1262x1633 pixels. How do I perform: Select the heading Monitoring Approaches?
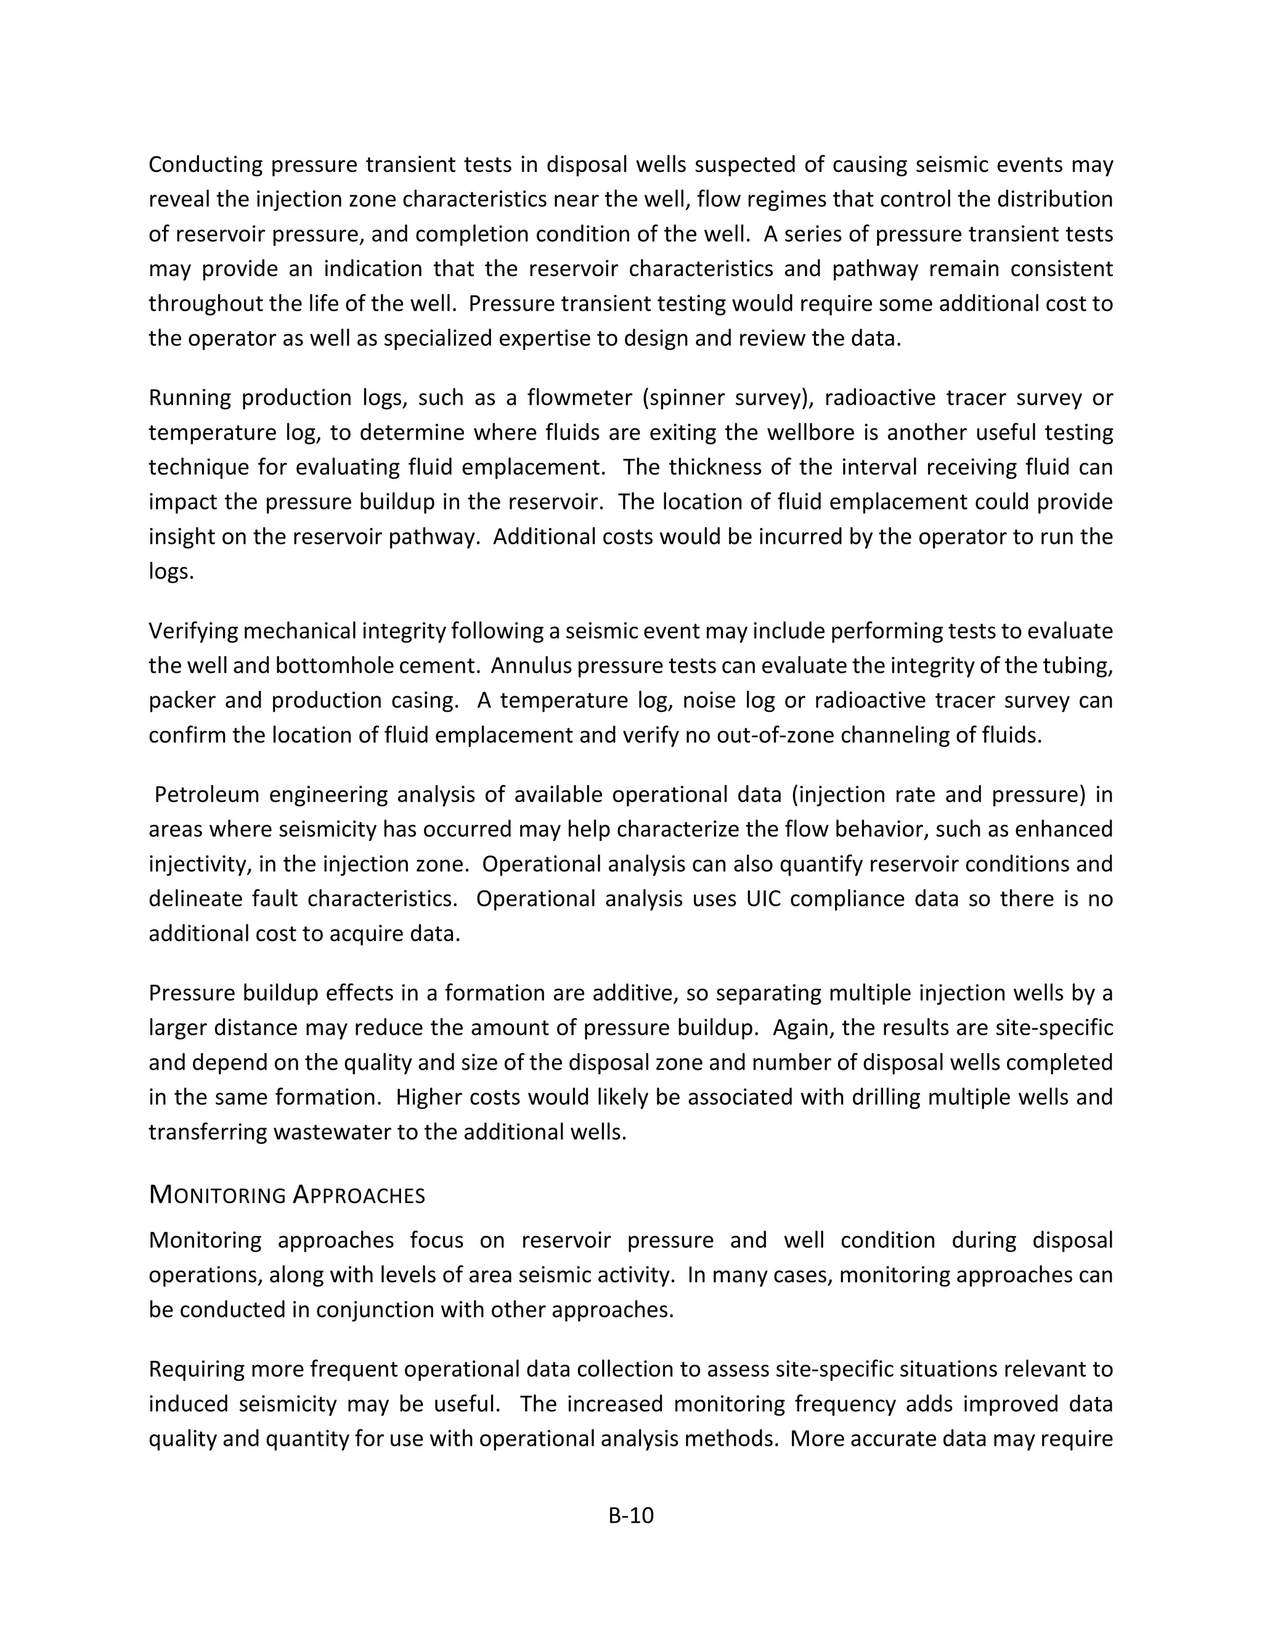coord(287,1195)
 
